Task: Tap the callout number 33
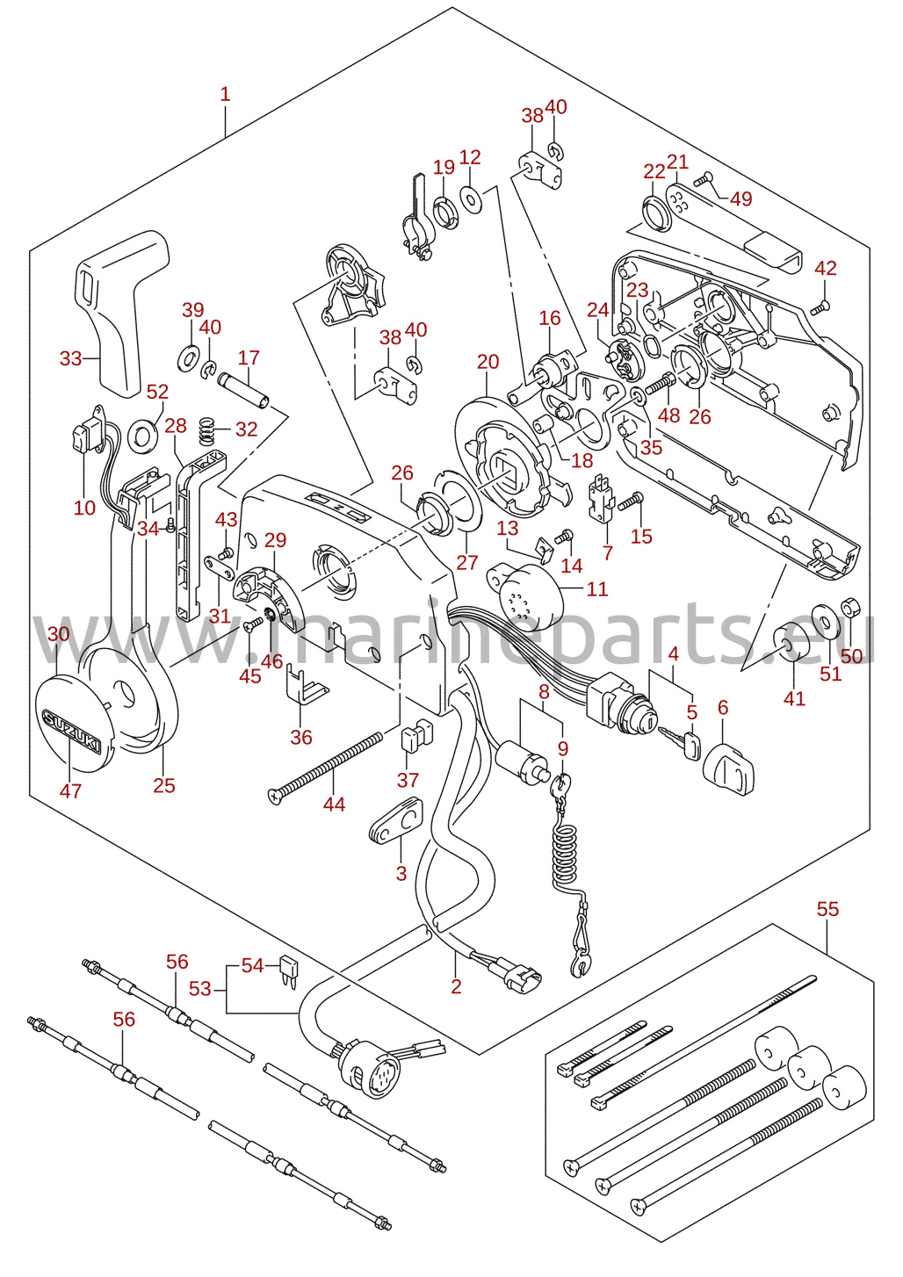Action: (70, 358)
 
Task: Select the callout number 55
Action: (827, 909)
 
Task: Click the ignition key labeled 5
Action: (679, 741)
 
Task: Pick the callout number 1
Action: (225, 94)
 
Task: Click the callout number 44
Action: (334, 804)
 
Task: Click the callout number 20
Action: (488, 362)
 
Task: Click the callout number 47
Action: (70, 790)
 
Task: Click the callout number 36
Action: (301, 737)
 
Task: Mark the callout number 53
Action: (200, 989)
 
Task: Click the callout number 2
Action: (456, 987)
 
